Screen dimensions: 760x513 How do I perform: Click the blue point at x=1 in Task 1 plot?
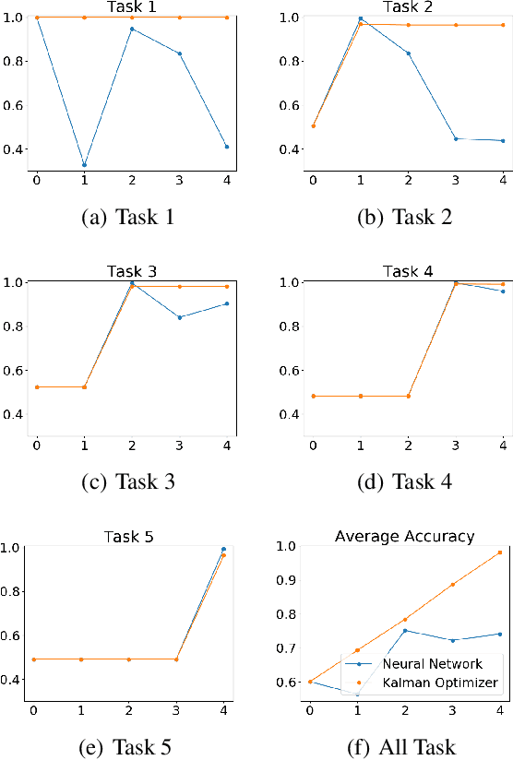[x=86, y=165]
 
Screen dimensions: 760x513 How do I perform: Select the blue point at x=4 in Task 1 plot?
[x=226, y=147]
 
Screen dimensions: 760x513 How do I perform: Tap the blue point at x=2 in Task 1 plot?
[x=132, y=29]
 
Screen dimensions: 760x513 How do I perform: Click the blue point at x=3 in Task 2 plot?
[x=456, y=139]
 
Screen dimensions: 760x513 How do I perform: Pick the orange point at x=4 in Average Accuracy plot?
[x=500, y=552]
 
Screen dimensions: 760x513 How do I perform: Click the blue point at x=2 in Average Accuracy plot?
[x=405, y=631]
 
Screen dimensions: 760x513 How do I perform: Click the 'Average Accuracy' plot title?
[x=405, y=536]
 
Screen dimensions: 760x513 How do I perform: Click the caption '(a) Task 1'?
[x=128, y=218]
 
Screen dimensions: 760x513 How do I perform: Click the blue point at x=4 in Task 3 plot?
[x=226, y=303]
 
